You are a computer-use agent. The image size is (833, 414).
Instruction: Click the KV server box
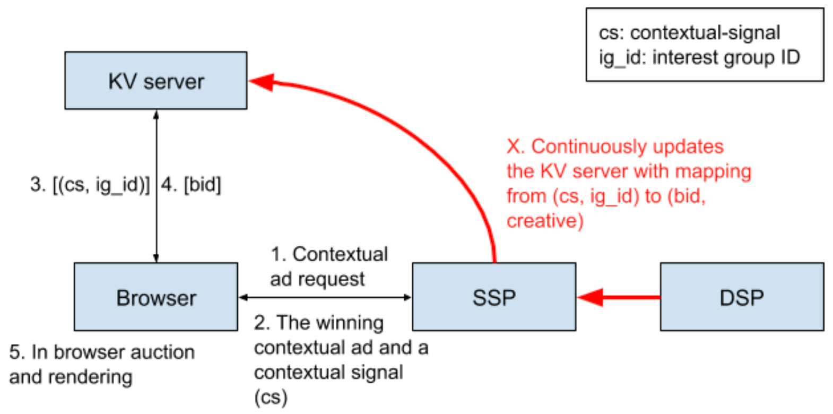[x=155, y=81]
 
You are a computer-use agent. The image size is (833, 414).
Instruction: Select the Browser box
[x=155, y=297]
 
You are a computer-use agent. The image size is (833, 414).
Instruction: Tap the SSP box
[x=493, y=297]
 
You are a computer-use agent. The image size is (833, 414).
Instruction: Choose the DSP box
[x=741, y=297]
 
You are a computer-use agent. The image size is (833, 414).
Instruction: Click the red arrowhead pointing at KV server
[x=261, y=82]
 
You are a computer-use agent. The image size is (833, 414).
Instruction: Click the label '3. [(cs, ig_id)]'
[x=90, y=185]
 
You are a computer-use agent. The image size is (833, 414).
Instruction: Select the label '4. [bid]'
[x=191, y=185]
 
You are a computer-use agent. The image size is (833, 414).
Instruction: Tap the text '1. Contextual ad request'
[x=329, y=266]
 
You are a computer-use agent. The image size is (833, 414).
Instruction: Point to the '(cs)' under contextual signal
[x=271, y=397]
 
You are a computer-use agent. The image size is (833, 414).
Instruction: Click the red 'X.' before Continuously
[x=515, y=146]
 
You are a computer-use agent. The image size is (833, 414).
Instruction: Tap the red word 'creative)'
[x=545, y=221]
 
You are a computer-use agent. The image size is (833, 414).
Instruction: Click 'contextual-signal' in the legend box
[x=705, y=33]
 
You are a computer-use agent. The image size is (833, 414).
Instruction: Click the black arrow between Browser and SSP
[x=325, y=297]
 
